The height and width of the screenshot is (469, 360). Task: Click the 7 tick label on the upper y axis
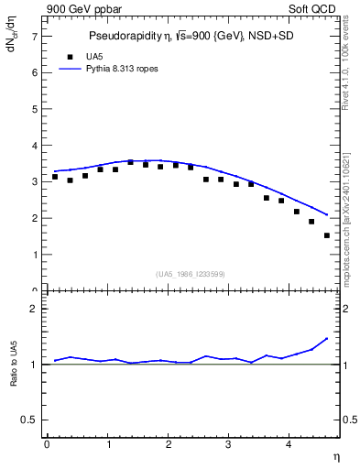point(34,37)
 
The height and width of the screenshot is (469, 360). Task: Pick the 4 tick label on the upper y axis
point(34,146)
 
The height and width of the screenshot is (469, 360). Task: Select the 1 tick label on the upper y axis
point(34,255)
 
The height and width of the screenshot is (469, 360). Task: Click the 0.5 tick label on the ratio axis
point(29,420)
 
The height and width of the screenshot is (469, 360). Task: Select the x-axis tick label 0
point(46,445)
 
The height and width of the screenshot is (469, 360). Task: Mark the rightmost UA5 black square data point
point(326,235)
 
